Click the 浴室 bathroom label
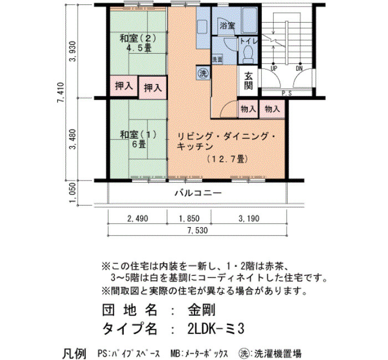point(227,25)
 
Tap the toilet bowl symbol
point(247,54)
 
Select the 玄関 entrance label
point(248,81)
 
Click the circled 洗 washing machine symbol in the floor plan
point(203,73)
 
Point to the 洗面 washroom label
point(217,60)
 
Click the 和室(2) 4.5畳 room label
point(138,43)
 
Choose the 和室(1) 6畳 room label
point(139,140)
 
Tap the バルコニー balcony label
point(198,193)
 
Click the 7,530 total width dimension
point(197,230)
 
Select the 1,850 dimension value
point(189,219)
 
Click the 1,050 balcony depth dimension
point(72,193)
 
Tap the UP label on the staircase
point(274,68)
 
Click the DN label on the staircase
point(299,68)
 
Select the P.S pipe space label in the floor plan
point(287,93)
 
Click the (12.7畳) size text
point(227,159)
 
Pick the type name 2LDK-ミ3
point(216,328)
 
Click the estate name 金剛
point(202,310)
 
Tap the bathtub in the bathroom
point(249,20)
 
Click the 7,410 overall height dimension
point(60,92)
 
